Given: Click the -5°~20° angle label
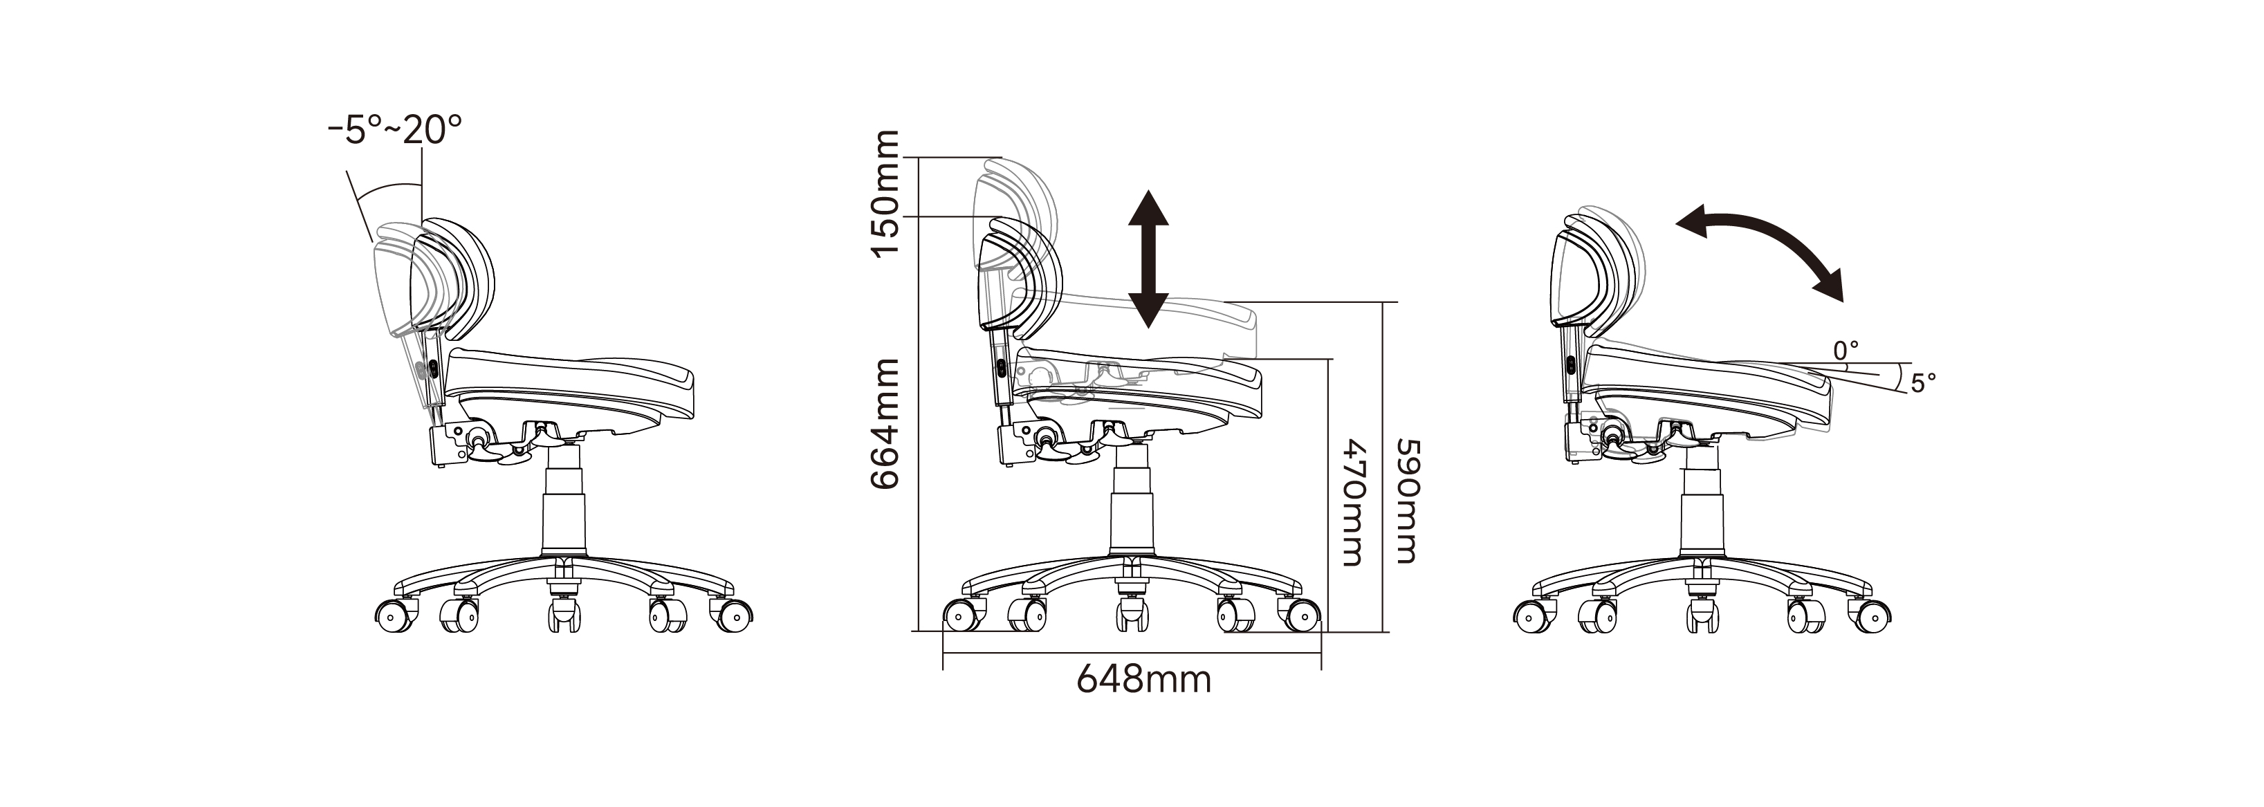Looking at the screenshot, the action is [x=394, y=130].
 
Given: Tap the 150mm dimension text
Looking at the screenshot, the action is [x=886, y=194].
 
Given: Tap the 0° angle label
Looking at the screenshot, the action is [x=1846, y=351].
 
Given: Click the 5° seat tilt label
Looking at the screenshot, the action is [x=1922, y=383].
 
